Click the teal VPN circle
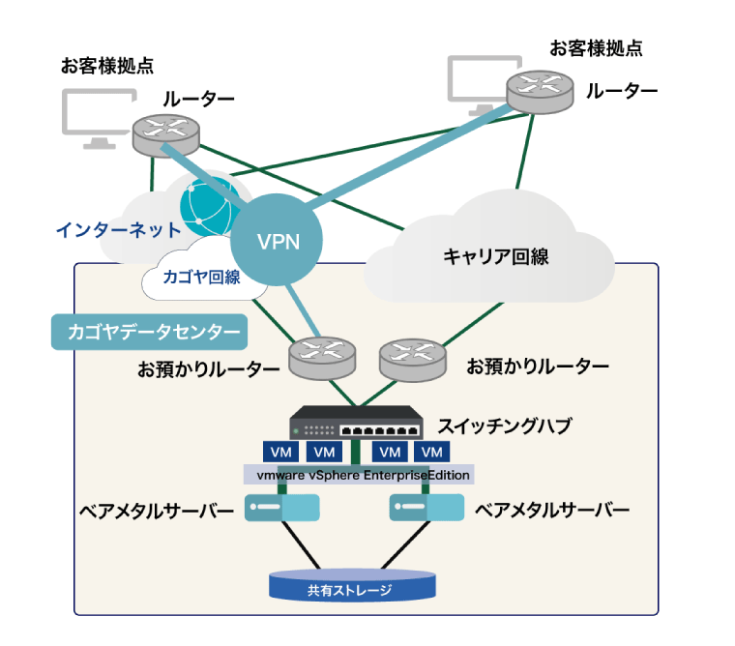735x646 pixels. tap(278, 239)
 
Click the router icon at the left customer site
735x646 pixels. tap(165, 131)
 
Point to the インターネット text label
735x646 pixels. tap(117, 230)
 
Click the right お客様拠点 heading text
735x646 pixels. tap(596, 47)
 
